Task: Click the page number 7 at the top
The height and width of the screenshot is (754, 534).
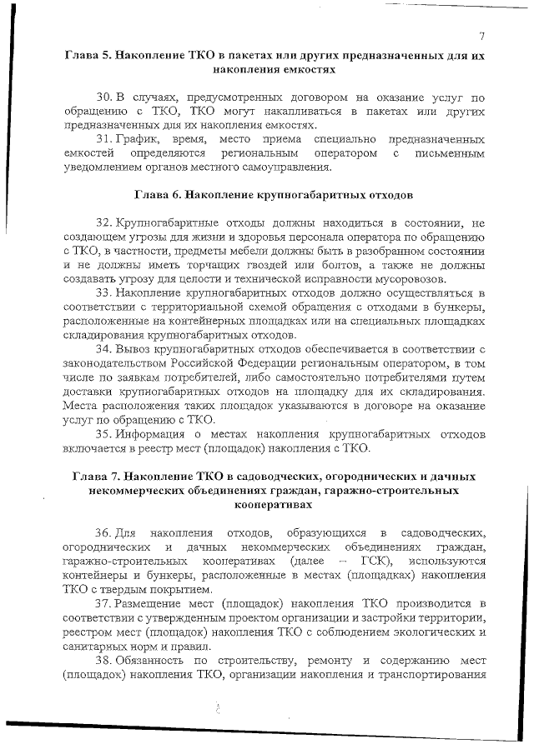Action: click(x=482, y=35)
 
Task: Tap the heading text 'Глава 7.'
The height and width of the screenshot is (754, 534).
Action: click(x=96, y=477)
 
